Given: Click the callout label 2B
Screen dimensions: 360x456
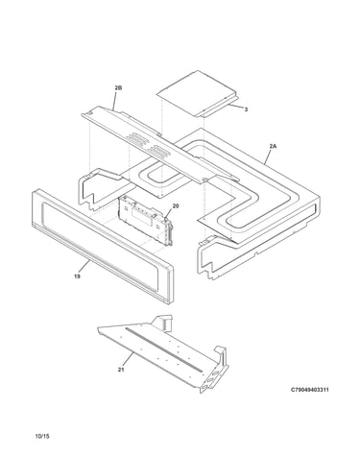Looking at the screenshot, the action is click(x=118, y=87).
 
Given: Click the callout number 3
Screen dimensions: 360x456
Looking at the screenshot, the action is click(x=246, y=109).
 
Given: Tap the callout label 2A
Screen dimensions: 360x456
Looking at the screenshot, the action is click(x=273, y=146).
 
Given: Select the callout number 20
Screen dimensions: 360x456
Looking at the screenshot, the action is click(x=176, y=206).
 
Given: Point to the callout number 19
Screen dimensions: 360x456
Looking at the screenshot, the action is click(x=77, y=276).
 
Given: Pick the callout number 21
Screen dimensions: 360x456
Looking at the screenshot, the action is click(x=121, y=370).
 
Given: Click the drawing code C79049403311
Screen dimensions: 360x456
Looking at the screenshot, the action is click(x=309, y=390).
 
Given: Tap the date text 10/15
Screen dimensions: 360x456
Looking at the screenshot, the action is click(x=42, y=436).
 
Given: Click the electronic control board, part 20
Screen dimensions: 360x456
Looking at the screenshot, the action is click(x=146, y=220).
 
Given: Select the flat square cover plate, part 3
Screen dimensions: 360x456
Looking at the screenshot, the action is click(x=198, y=93).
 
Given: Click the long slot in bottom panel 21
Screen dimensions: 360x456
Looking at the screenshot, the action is click(x=164, y=349).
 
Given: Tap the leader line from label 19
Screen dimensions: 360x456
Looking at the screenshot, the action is click(x=84, y=267).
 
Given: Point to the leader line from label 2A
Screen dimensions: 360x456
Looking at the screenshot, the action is click(x=268, y=156).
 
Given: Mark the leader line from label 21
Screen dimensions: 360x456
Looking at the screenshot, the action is click(x=128, y=360).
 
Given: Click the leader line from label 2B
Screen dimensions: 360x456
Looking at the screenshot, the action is click(x=116, y=100).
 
